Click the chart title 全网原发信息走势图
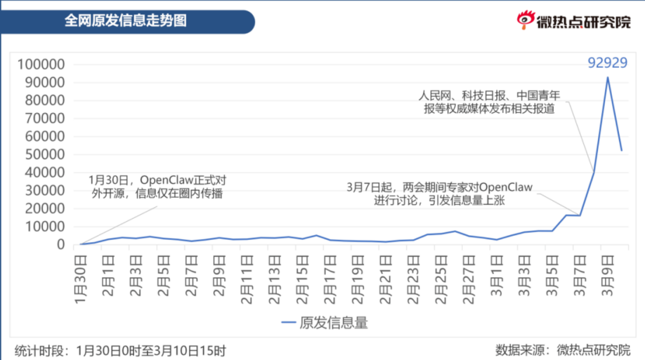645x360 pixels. [126, 20]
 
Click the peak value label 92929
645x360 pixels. [607, 63]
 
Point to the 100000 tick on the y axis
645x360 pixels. [41, 65]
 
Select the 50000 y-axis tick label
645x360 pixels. [44, 155]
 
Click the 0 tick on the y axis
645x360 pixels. [61, 245]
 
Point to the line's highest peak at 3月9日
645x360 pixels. [607, 77]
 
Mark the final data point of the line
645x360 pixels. [621, 151]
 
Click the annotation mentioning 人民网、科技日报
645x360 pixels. [489, 102]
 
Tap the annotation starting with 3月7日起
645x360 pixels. [440, 194]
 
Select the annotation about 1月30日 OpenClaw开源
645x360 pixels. [157, 187]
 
